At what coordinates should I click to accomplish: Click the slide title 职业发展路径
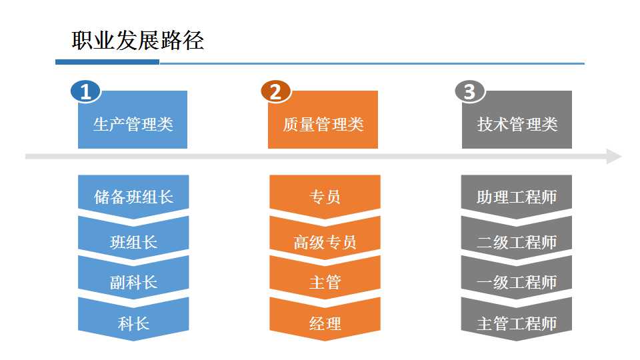click(137, 41)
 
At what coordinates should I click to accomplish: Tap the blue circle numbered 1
click(85, 91)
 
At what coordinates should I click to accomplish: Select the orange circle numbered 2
click(275, 91)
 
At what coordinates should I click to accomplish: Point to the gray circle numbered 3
click(470, 91)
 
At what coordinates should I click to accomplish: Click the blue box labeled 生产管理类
click(133, 119)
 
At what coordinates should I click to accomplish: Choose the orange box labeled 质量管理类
click(323, 119)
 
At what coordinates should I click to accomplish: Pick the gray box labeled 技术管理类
click(517, 119)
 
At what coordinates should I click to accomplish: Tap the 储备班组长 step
click(133, 195)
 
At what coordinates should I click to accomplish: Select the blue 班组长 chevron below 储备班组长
click(133, 239)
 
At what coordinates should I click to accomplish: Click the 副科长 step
click(133, 279)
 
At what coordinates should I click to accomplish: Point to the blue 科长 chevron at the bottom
click(133, 321)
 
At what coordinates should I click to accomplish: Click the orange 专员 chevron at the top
click(325, 195)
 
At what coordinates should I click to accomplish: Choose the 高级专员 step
click(325, 239)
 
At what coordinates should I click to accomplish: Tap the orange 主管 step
click(325, 279)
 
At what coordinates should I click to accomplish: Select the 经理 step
click(325, 321)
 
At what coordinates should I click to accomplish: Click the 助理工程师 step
click(516, 195)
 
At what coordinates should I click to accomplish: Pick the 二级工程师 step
click(516, 239)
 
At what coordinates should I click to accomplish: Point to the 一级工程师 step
click(516, 279)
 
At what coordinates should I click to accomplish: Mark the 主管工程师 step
click(516, 321)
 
